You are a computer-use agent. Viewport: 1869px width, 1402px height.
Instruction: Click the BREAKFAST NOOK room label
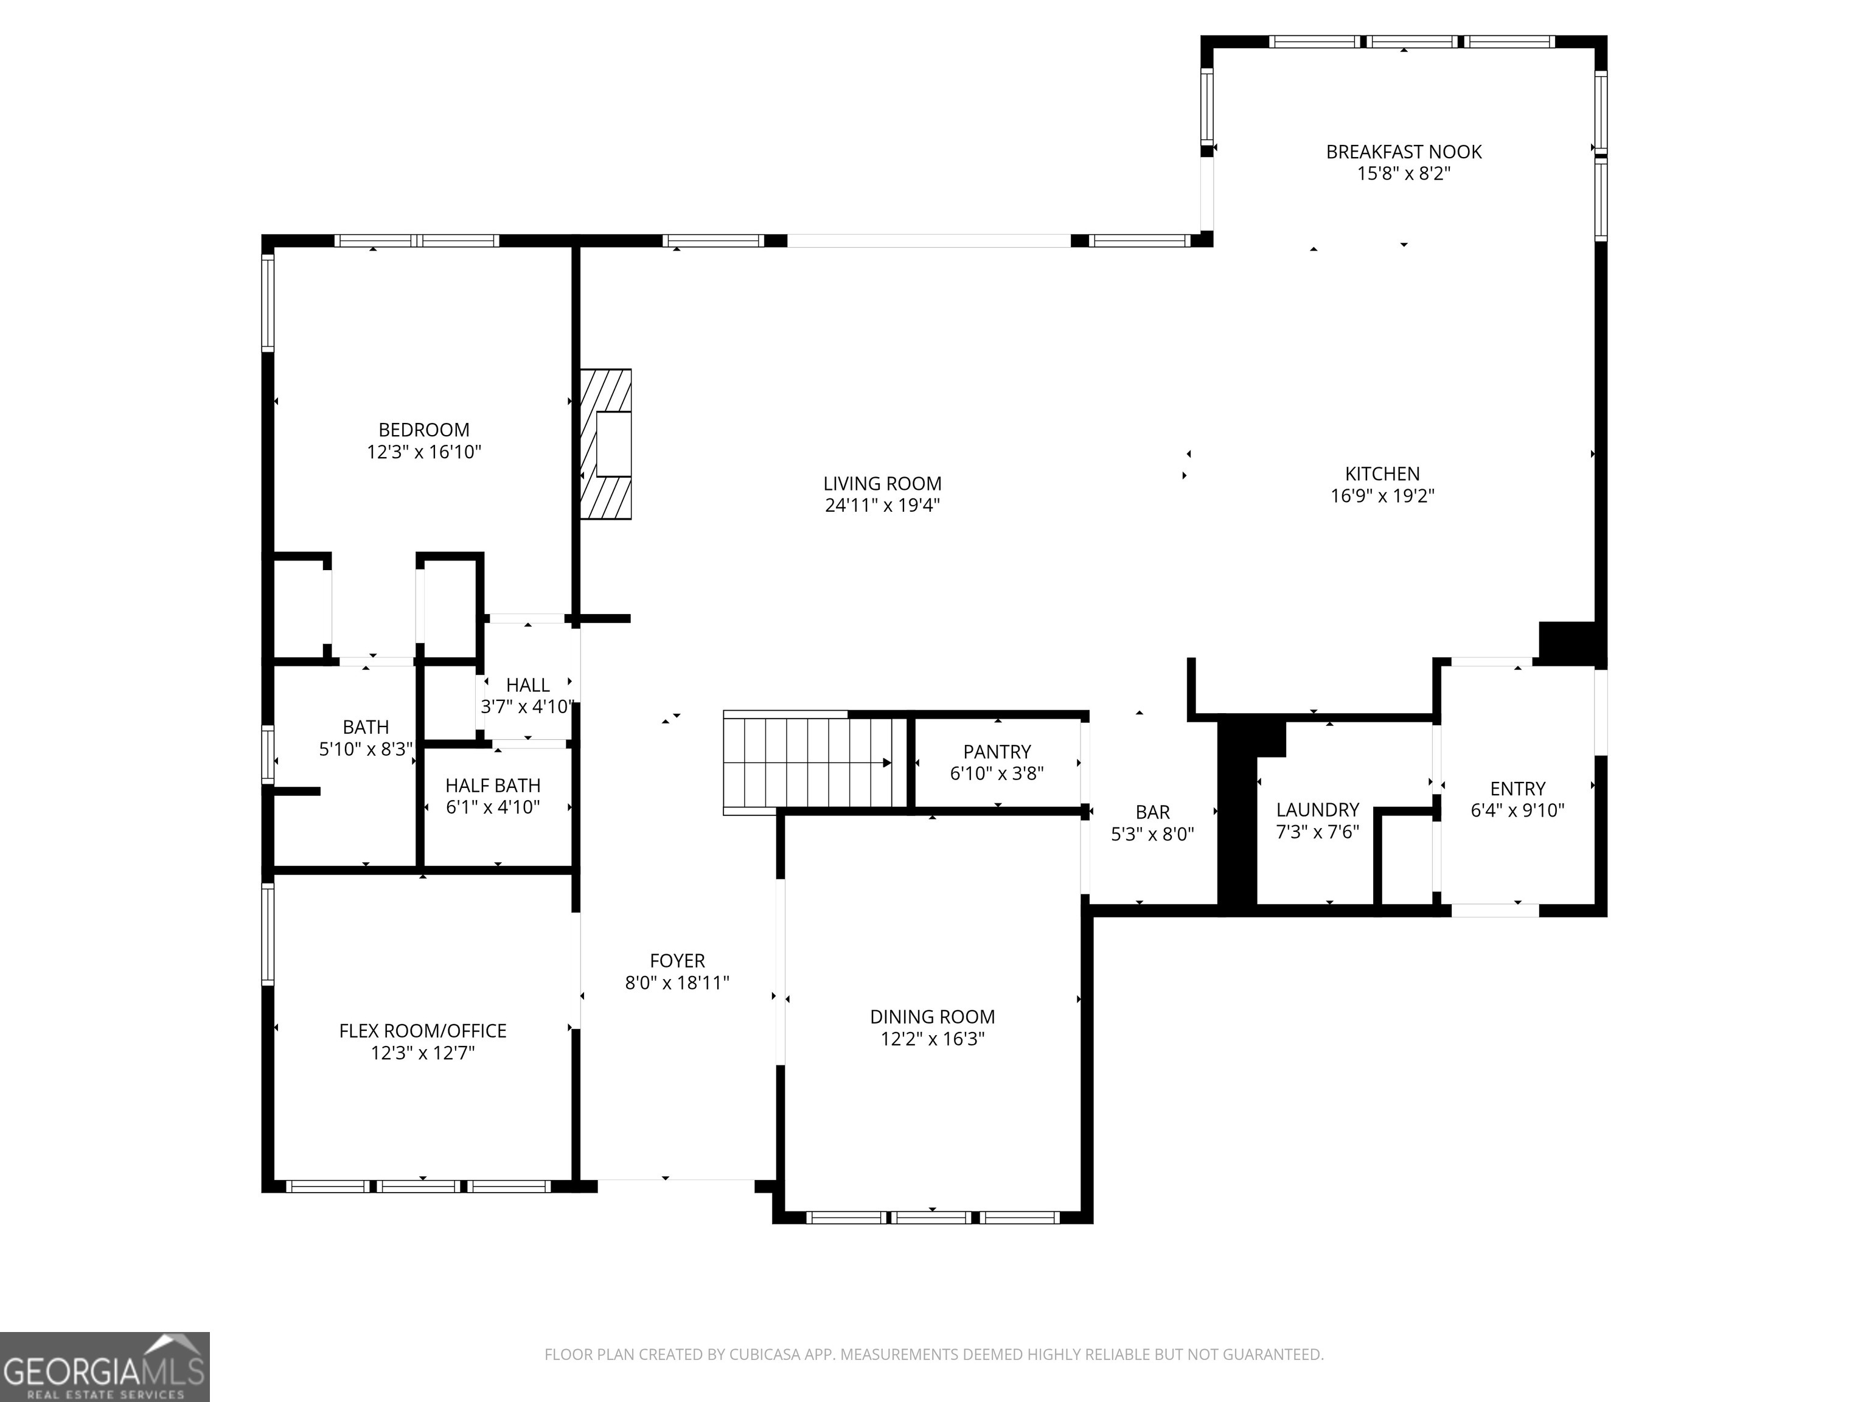[x=1404, y=152]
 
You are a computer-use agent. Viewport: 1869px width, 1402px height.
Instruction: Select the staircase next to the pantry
[x=807, y=762]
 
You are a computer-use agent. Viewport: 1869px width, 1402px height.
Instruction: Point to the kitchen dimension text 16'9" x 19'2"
[x=1382, y=496]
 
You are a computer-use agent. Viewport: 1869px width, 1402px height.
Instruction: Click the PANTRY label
[x=997, y=752]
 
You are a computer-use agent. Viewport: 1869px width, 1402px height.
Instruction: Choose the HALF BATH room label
[x=493, y=785]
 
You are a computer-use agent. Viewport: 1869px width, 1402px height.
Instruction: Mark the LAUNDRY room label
[x=1317, y=809]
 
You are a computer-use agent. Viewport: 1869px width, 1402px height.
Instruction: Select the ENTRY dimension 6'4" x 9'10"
[x=1517, y=811]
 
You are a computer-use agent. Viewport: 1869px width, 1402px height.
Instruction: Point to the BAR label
[x=1152, y=812]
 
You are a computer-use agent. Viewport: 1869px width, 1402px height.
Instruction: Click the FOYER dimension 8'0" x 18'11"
[x=677, y=983]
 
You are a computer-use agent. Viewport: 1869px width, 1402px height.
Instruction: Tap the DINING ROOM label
[x=932, y=1017]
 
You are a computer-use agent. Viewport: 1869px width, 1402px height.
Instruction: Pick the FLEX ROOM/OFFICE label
[x=422, y=1031]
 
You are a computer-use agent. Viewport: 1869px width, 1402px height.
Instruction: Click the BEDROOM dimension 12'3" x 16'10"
[x=423, y=452]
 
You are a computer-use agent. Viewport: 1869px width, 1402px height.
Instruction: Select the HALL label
[x=527, y=685]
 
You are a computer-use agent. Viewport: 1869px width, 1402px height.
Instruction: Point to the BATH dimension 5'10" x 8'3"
[x=366, y=748]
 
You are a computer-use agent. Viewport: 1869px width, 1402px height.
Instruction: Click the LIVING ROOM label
[x=882, y=483]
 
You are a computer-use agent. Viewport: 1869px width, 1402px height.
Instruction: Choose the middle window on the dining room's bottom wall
[x=932, y=1218]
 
